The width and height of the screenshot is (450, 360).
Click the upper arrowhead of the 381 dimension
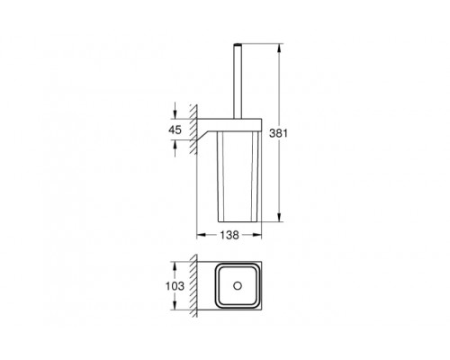pos(279,45)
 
